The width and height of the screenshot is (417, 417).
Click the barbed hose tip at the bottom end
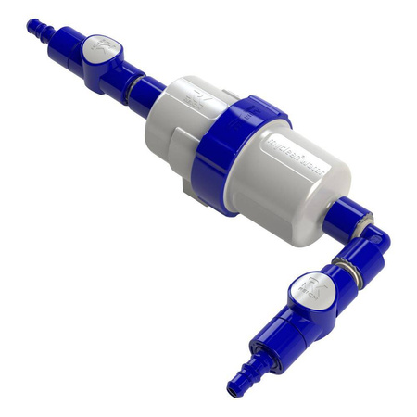pyautogui.click(x=239, y=383)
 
